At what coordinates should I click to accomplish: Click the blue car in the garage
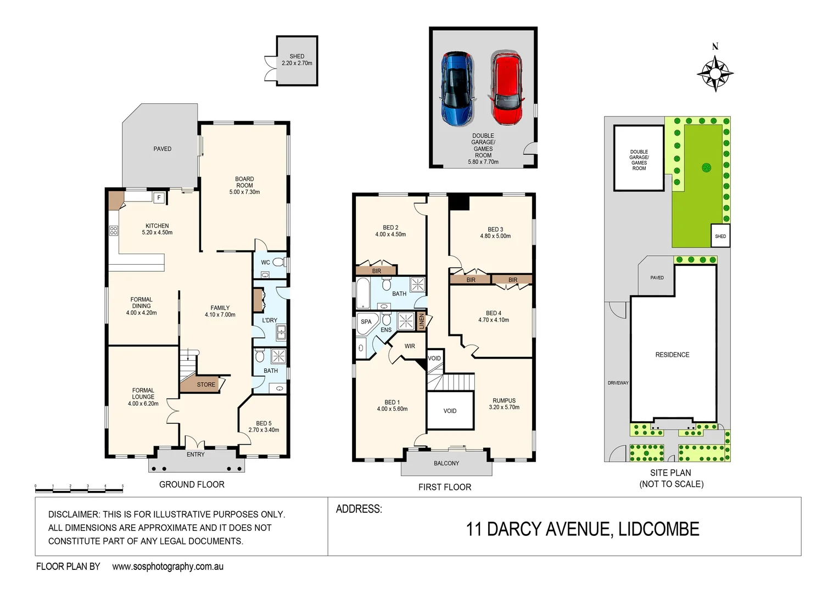457,89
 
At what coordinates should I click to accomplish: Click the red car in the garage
506,88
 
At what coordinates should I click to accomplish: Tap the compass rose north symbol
715,72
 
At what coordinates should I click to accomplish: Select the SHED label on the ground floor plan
297,60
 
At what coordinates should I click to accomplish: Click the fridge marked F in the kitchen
159,198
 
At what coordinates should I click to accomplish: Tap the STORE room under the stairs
206,384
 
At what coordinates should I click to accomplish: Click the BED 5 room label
264,427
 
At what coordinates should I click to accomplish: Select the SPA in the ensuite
366,322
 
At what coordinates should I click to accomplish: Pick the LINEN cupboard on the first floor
422,321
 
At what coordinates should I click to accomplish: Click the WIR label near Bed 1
410,346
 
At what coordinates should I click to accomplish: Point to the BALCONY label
446,463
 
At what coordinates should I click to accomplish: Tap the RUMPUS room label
504,404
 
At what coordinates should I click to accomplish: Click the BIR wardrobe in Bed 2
376,271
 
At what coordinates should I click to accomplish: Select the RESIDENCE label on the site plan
672,355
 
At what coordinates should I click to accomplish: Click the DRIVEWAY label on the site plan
618,383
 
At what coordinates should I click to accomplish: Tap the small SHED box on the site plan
720,236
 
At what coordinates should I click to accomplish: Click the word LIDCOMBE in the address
658,529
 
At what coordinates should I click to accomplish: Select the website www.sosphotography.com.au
167,567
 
